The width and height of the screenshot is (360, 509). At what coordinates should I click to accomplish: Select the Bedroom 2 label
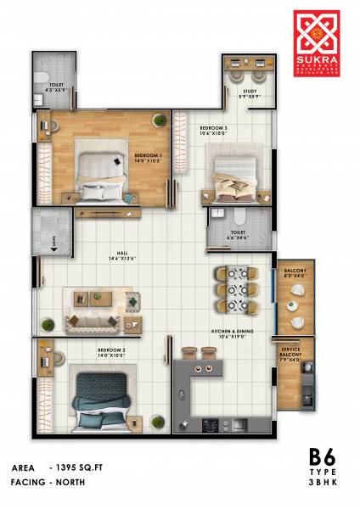(112, 350)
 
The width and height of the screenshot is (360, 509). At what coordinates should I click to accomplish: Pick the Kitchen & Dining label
(230, 333)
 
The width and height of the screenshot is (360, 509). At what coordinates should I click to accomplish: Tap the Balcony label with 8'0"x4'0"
(294, 273)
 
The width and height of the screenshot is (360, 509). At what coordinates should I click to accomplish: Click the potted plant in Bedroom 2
(156, 422)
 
